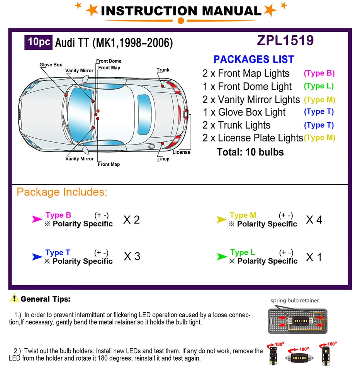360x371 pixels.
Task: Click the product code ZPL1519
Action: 285,41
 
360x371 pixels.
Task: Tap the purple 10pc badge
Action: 39,42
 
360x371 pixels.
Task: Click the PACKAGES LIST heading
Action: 253,60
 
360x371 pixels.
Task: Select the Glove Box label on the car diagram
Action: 51,65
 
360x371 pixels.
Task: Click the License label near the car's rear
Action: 182,152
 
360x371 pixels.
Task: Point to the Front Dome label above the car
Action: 109,61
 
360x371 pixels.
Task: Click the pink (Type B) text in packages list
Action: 319,73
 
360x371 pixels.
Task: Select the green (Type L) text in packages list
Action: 319,86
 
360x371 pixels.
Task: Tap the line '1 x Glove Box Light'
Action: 244,112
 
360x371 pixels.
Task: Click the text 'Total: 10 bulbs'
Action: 250,152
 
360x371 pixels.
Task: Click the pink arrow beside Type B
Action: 37,220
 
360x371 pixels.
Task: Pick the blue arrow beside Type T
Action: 37,257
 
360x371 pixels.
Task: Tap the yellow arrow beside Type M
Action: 221,220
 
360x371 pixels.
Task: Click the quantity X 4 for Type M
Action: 314,220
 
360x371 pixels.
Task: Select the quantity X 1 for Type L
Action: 314,257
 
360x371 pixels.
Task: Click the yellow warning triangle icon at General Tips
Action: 14,298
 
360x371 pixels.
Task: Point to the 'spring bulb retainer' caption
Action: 295,300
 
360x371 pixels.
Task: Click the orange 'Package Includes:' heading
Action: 62,192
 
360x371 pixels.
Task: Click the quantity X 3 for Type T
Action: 132,257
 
